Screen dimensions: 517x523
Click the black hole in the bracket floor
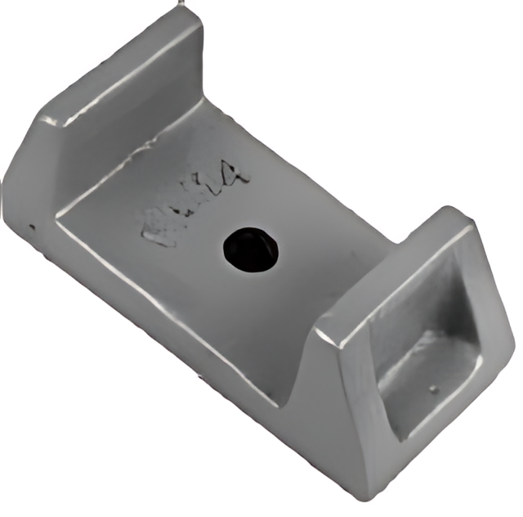pyautogui.click(x=251, y=248)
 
